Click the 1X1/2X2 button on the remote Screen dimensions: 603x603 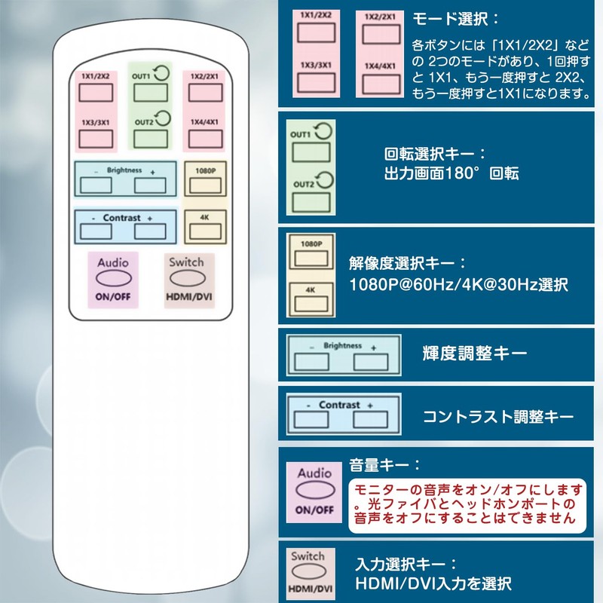click(96, 93)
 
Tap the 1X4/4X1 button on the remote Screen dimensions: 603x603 click(205, 139)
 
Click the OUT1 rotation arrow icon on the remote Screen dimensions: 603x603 click(161, 72)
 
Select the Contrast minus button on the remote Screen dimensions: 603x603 click(96, 231)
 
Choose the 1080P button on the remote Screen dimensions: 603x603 click(205, 185)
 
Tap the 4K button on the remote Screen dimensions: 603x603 click(205, 232)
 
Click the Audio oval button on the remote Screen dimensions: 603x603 click(114, 278)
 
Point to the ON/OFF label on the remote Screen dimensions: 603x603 click(113, 296)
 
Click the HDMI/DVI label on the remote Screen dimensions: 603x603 click(189, 297)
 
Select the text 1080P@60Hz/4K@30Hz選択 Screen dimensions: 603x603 click(458, 285)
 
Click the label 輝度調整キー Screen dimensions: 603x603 click(475, 353)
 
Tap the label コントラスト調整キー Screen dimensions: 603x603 click(498, 417)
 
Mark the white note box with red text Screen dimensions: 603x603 click(467, 506)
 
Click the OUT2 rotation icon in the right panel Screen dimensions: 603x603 click(325, 180)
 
